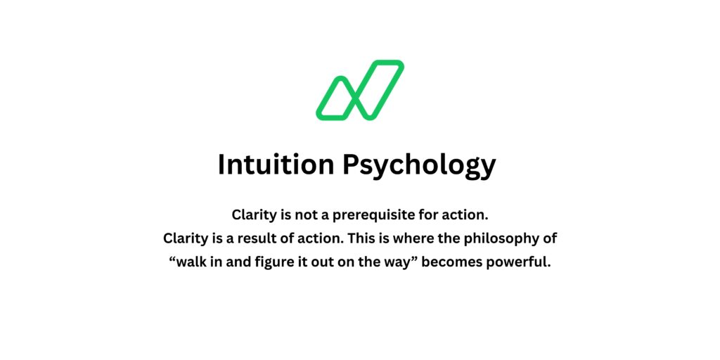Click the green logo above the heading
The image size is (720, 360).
click(359, 90)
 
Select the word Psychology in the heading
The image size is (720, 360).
click(419, 165)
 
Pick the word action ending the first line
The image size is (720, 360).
click(465, 214)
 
